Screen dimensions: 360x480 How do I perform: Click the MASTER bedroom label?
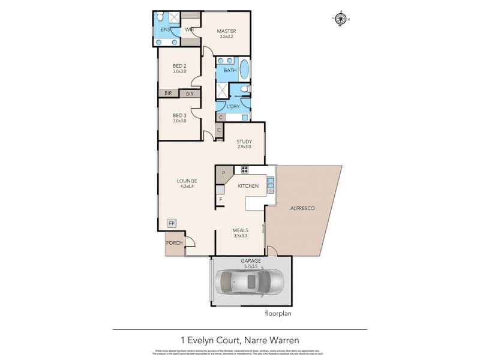pos(226,31)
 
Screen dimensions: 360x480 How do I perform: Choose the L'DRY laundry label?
pos(233,106)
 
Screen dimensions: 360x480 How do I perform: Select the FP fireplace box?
pos(172,223)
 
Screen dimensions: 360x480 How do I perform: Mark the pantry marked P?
pos(223,173)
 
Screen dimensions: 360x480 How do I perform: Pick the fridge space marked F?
pos(220,199)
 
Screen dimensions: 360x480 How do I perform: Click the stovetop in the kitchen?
pos(244,169)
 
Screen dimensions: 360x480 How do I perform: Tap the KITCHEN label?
pos(248,186)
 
